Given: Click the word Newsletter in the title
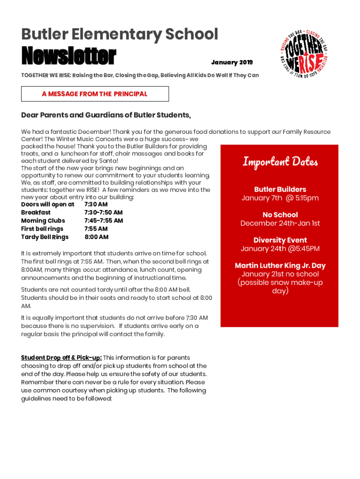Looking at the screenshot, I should pos(68,57).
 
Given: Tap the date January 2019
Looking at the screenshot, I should pos(231,63).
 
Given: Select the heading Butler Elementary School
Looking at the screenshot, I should pos(120,34).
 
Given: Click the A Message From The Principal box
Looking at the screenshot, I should pos(95,94).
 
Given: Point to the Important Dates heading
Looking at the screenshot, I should pos(280,162).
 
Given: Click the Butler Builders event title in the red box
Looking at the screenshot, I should pos(280,189).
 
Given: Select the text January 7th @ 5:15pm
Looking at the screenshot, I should pos(280,198).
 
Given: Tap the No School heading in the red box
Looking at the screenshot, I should pos(280,215).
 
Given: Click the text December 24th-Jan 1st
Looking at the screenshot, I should pos(280,223).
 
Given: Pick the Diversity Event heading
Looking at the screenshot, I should pos(280,240).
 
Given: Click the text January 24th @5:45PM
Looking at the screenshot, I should pos(280,248).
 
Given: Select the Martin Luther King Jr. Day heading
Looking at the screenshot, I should pos(280,266).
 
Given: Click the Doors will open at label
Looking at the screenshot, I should pos(48,204).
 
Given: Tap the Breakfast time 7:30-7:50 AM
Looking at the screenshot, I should pos(103,212).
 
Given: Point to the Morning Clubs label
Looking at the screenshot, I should pos(43,221).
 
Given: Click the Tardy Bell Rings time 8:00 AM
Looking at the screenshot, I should pos(96,237).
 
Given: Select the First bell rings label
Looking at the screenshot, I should pos(42,229).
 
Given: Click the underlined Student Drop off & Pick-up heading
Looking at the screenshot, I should pos(61,358).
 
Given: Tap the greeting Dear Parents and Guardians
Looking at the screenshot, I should pos(106,116).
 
